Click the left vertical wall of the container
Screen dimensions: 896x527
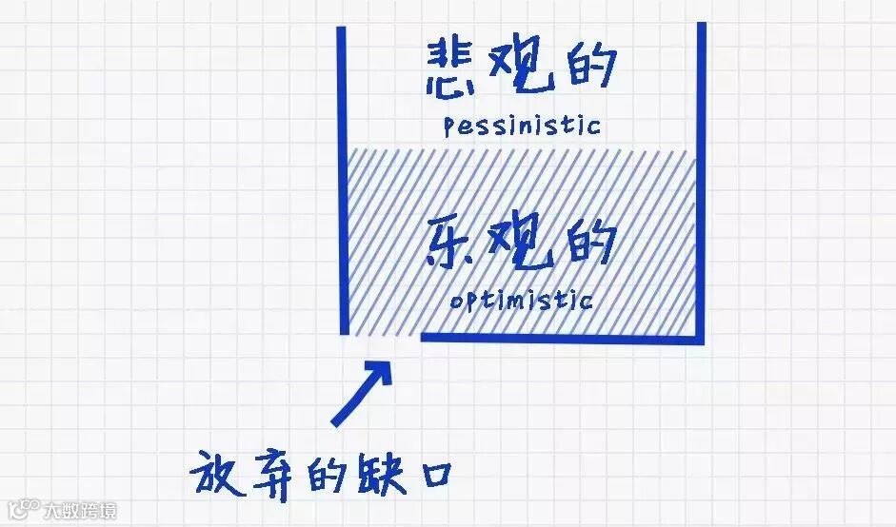pos(342,181)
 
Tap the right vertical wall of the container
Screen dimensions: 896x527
pos(702,181)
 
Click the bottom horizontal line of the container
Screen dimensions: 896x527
pos(562,337)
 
